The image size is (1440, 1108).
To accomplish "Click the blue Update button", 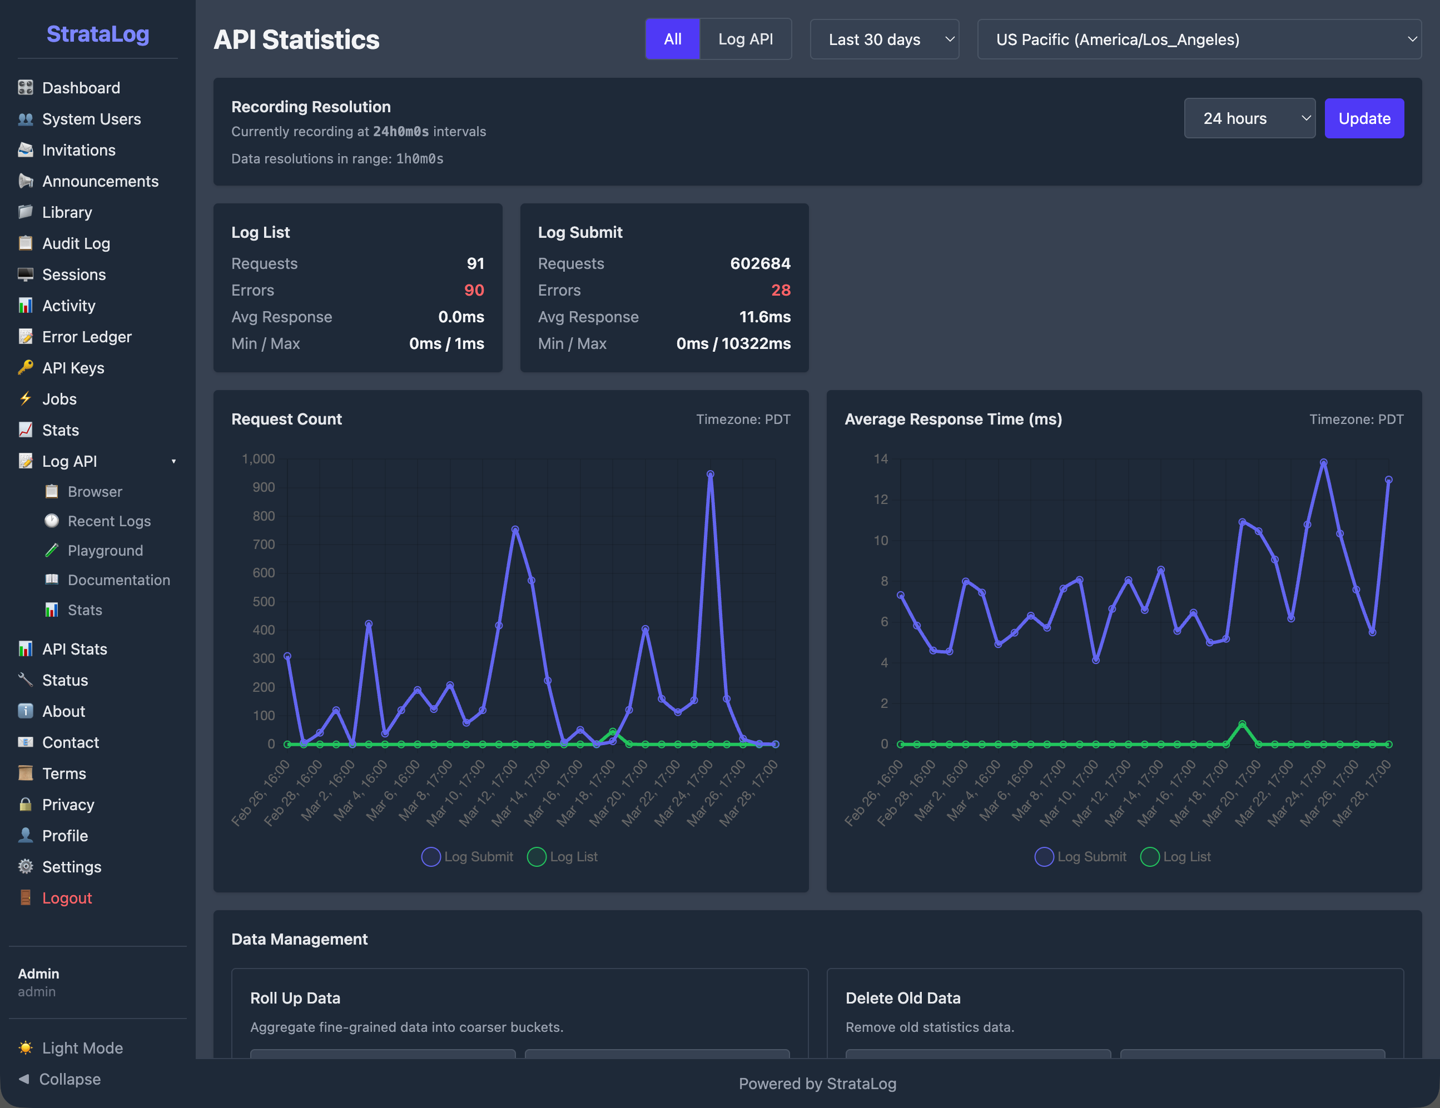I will coord(1363,119).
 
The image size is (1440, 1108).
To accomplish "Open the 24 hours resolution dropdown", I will coord(1249,119).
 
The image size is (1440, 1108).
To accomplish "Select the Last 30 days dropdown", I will coord(883,39).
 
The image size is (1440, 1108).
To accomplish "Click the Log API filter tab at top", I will coord(745,39).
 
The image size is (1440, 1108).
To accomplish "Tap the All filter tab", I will coord(672,39).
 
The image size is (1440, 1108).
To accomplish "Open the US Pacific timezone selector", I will coord(1198,39).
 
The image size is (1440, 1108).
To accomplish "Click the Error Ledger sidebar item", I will coord(86,337).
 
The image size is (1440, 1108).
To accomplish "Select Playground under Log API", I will coord(105,550).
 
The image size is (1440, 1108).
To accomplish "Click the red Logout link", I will coord(67,898).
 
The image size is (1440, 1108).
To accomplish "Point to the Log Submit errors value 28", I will coord(781,290).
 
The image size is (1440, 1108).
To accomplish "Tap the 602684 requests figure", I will coord(759,263).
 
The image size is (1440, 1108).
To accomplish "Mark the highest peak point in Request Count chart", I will coord(710,474).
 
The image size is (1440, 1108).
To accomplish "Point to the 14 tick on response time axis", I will coord(880,459).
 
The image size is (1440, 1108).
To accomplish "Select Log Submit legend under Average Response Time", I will coord(1081,857).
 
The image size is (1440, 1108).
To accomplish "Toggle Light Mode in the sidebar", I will coord(82,1048).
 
